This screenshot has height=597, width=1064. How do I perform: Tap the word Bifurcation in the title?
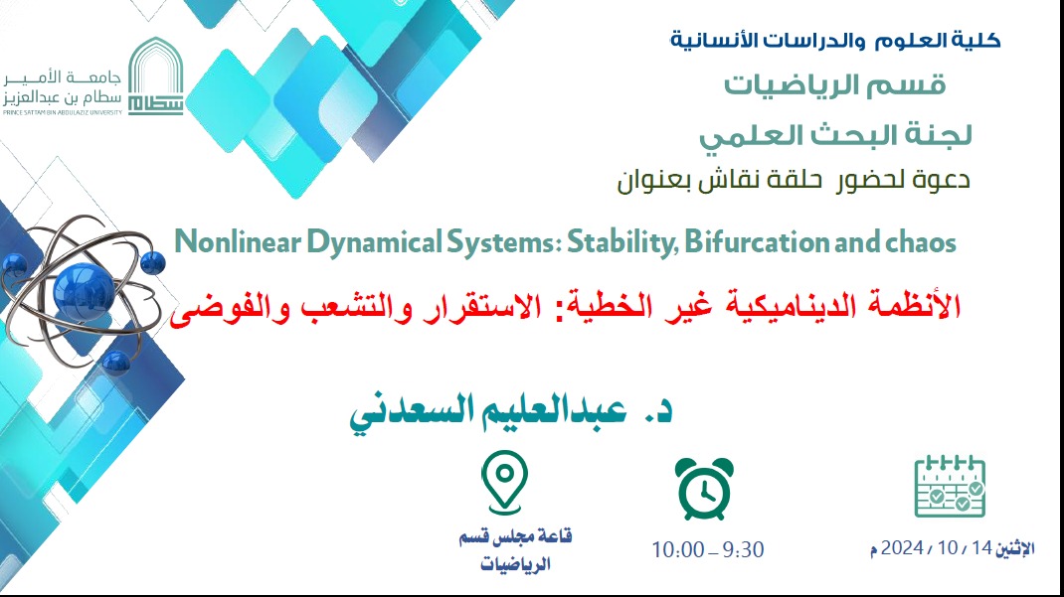[757, 242]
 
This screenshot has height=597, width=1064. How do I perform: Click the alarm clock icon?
[704, 488]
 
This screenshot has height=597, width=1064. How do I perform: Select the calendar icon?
[950, 486]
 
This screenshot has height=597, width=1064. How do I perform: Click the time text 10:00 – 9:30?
[708, 549]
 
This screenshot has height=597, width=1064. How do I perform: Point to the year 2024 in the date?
[902, 547]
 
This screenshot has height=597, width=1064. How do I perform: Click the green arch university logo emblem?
[156, 75]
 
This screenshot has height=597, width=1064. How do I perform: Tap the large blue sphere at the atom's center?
[83, 291]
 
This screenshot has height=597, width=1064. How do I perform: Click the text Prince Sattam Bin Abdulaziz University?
[63, 112]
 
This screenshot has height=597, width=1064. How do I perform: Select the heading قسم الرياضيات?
[834, 85]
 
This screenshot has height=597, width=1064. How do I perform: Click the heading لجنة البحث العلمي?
[835, 135]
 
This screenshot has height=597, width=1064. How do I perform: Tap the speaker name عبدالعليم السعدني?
[487, 411]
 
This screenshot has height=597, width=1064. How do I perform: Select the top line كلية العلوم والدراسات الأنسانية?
[835, 40]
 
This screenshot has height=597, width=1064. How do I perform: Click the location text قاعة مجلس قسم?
[516, 537]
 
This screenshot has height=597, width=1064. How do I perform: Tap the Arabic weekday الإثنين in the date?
[1015, 548]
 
